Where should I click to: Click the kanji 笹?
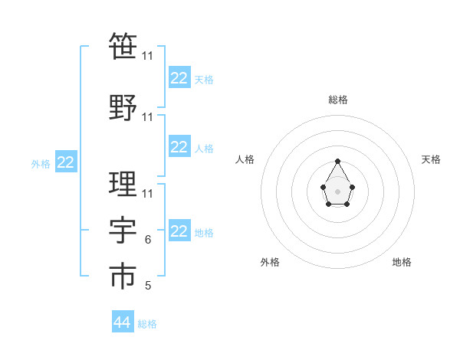click(x=123, y=46)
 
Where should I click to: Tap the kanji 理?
click(x=123, y=184)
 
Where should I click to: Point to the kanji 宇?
click(x=123, y=230)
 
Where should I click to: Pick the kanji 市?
click(x=123, y=276)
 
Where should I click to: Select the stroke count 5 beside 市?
click(x=147, y=286)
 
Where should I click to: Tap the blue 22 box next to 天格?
click(x=179, y=78)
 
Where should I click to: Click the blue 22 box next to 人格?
click(x=179, y=147)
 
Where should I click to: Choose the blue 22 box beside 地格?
click(x=179, y=231)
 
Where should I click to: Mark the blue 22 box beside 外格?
click(x=66, y=162)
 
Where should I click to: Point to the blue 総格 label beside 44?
click(x=147, y=324)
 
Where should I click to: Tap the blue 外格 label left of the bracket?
click(x=41, y=164)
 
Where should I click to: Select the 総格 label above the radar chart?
click(x=337, y=100)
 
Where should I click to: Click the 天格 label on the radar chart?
click(x=431, y=159)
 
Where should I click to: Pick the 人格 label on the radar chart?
click(x=245, y=159)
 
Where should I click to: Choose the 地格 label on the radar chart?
click(x=402, y=262)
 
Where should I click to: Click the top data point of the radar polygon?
click(x=337, y=161)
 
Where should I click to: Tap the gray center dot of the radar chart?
click(x=337, y=191)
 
